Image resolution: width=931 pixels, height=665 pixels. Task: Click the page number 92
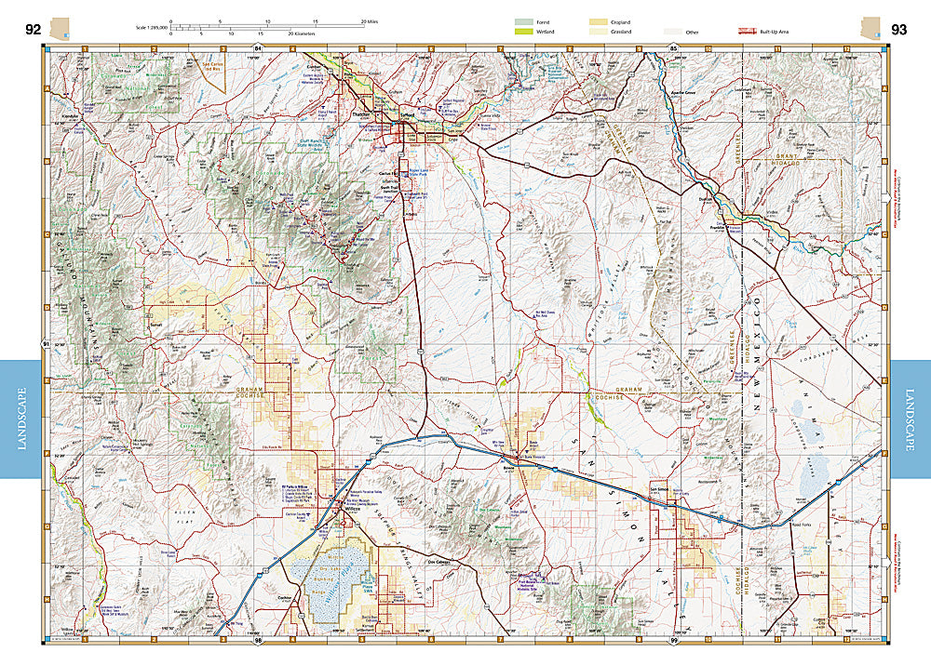33,29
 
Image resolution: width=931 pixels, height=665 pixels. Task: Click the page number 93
898,29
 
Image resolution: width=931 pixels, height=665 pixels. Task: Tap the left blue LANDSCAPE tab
20,419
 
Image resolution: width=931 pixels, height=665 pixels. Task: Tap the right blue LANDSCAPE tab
911,419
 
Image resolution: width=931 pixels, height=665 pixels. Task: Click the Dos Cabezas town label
439,564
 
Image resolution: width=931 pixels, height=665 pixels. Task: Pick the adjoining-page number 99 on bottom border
674,642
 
